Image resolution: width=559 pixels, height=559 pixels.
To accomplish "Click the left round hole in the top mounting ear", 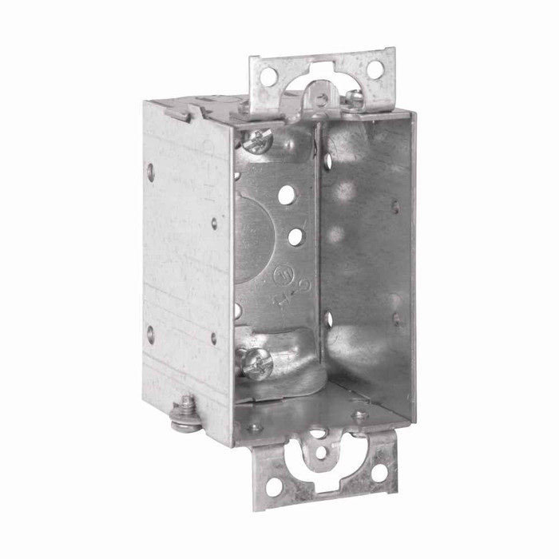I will click(269, 76).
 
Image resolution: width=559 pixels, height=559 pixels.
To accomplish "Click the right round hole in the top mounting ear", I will click(374, 69).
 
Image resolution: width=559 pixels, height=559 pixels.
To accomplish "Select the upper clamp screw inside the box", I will click(258, 141).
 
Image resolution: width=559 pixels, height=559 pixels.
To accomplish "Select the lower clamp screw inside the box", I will click(257, 363).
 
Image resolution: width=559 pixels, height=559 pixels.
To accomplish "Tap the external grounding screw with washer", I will click(187, 412).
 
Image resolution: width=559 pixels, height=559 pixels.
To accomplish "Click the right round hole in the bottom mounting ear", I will click(379, 473).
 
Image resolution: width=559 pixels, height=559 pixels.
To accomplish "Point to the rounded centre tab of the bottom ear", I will click(320, 453).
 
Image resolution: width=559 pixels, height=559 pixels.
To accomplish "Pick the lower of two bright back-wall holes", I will click(296, 236).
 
